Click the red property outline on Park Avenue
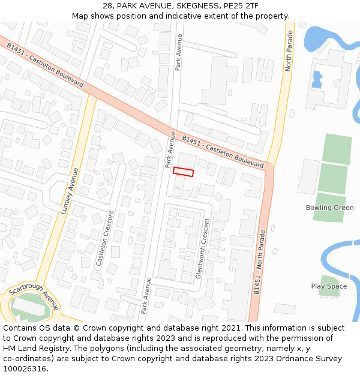pyautogui.click(x=184, y=172)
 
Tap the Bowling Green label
pyautogui.click(x=329, y=208)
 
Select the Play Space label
pyautogui.click(x=329, y=286)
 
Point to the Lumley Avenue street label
pyautogui.click(x=70, y=191)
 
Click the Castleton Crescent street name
pyautogui.click(x=106, y=238)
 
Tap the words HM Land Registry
pyautogui.click(x=33, y=348)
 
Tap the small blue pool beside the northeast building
pyautogui.click(x=317, y=79)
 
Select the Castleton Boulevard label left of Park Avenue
pyautogui.click(x=46, y=65)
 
